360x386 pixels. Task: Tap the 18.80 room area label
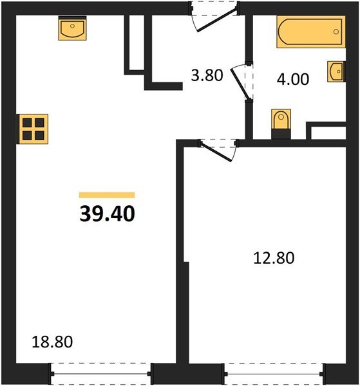[x=53, y=341]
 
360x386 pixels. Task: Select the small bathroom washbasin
[x=336, y=71]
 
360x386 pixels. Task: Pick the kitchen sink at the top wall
[x=71, y=30]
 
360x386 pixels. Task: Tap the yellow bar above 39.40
[x=107, y=194]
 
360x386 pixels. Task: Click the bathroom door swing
[x=241, y=82]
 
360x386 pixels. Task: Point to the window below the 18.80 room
[x=102, y=372]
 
